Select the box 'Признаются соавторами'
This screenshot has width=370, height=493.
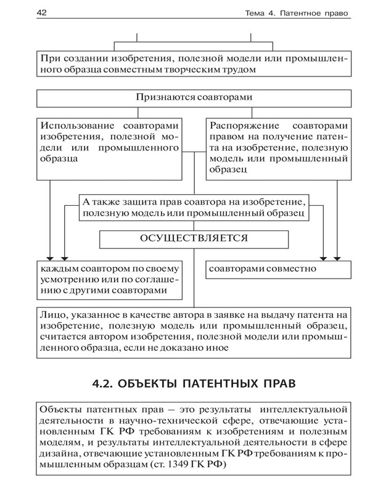[194, 98]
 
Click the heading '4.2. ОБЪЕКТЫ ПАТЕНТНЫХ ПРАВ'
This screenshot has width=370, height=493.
[193, 384]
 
